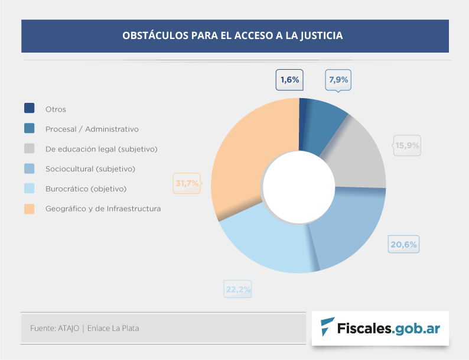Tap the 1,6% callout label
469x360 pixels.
coord(290,80)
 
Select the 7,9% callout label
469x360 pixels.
coord(338,80)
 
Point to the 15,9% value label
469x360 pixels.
coord(407,145)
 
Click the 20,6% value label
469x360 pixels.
coord(403,244)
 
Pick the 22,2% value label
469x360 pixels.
coord(238,289)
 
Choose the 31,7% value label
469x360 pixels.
coord(187,183)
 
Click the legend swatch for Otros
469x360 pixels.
coord(29,109)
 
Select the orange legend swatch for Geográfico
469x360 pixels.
coord(29,209)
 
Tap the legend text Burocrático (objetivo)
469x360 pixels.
coord(86,189)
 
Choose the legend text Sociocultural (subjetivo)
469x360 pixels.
coord(90,169)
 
